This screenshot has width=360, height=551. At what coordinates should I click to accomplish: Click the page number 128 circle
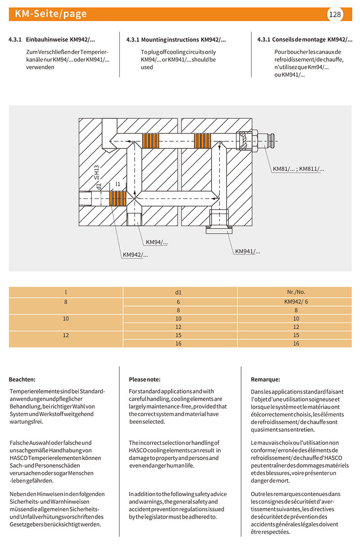pos(335,14)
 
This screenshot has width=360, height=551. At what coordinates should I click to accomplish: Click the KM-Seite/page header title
pos(50,14)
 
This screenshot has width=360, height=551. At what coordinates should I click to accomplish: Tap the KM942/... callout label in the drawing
pos(135,255)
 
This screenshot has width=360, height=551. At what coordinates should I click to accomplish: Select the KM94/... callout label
pos(158,242)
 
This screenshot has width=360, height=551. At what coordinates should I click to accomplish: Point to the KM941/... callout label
pos(247,251)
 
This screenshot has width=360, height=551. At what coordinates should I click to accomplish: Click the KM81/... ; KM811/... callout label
pos(298,169)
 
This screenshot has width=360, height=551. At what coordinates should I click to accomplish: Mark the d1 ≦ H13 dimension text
pos(97,177)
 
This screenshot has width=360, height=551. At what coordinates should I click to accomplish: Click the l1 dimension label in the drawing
pos(118,184)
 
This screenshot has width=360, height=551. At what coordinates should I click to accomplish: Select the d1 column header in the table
pos(179,292)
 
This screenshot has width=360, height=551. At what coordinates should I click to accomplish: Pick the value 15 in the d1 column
pos(178,335)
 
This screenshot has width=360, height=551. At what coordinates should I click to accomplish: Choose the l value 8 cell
pos(66,302)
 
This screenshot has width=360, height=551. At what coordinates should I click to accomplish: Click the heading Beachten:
pos(22,379)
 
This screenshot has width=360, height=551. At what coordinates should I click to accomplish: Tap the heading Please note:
pos(144,379)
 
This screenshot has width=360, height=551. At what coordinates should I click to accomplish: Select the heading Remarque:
pos(265,379)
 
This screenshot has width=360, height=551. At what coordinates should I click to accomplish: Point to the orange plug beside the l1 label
pos(117,198)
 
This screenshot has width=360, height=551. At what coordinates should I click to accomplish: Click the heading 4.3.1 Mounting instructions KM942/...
pos(176,40)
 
